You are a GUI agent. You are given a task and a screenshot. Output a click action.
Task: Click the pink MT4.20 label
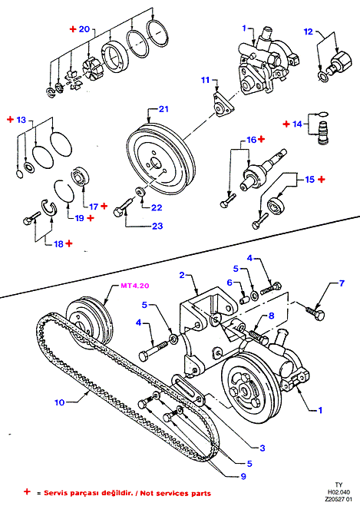click(135, 286)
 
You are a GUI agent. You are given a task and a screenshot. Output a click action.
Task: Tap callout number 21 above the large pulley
click(163, 109)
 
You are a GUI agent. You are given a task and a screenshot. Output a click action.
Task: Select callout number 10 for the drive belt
click(59, 402)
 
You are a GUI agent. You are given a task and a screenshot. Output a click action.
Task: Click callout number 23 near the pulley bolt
click(157, 226)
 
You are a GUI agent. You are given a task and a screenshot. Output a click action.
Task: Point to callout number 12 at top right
click(309, 31)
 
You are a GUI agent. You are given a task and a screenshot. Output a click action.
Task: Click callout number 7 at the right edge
click(342, 283)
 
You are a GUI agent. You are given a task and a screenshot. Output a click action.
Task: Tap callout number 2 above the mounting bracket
click(182, 275)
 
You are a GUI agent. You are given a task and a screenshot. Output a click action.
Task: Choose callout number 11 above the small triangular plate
click(206, 80)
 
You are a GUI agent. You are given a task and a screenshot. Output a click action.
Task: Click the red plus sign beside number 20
click(73, 29)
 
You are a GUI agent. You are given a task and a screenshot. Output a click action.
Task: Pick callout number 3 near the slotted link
click(263, 448)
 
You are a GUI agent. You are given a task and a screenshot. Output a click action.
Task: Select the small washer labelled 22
click(140, 192)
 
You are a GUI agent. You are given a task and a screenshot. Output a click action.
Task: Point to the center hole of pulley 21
click(156, 164)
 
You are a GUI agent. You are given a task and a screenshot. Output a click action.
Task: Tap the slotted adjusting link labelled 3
click(189, 390)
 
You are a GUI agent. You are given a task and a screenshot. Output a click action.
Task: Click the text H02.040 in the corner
click(339, 492)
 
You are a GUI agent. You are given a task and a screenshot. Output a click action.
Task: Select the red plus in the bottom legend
click(27, 492)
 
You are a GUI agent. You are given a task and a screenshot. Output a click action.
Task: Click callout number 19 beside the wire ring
click(79, 218)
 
